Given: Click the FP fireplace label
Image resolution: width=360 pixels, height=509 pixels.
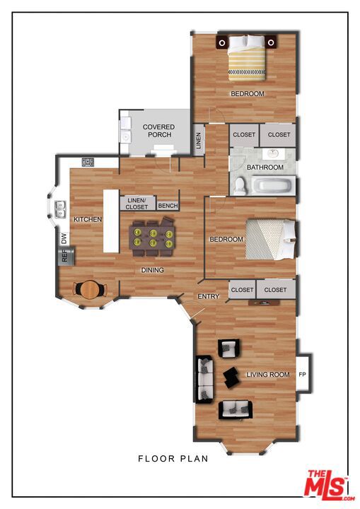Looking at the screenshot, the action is (302, 374).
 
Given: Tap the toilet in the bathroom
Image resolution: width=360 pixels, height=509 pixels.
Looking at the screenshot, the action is (240, 187).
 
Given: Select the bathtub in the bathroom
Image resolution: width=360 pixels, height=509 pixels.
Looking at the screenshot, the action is (273, 187).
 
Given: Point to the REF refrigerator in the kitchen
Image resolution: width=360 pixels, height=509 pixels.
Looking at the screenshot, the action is (66, 255).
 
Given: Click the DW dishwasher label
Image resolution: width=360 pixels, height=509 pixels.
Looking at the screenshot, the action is (64, 239).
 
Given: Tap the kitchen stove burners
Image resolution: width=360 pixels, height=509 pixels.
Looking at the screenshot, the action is (88, 163).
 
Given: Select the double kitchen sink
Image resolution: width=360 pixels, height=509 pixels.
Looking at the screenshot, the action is (60, 209).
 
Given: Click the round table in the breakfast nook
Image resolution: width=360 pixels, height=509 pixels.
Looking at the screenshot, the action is (90, 290).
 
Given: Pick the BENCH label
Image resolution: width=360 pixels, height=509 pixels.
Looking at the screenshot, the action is (168, 206).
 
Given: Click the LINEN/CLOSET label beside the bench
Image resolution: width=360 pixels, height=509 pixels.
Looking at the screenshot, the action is (137, 204).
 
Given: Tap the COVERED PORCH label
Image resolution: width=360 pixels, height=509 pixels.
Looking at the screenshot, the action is (158, 131).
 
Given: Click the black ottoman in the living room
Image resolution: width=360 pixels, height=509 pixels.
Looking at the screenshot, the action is (231, 377).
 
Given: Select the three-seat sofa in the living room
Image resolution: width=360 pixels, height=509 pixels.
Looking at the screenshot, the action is (204, 379).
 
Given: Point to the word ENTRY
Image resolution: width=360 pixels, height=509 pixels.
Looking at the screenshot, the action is (208, 296).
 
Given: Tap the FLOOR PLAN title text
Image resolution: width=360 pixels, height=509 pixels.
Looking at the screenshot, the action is (173, 458).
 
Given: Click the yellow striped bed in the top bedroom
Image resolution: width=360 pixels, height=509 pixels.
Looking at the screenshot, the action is (247, 58).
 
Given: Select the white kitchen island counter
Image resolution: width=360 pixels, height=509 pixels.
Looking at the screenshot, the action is (111, 221).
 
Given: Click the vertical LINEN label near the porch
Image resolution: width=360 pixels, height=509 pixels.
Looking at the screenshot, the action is (199, 140).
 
